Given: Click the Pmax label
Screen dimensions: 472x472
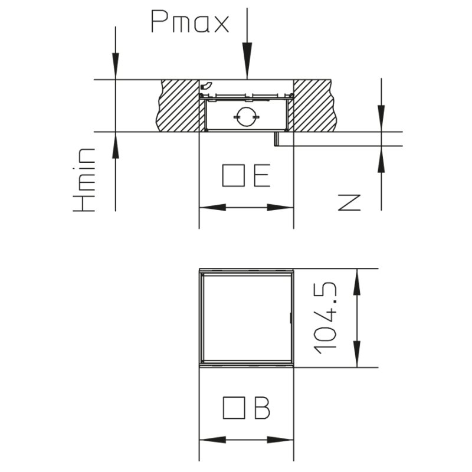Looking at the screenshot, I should pyautogui.click(x=189, y=22).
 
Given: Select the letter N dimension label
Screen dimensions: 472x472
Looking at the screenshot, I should pyautogui.click(x=349, y=202).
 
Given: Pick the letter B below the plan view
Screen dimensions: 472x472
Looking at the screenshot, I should pyautogui.click(x=262, y=408).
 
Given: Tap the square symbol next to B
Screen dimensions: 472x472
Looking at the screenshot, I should pyautogui.click(x=234, y=408).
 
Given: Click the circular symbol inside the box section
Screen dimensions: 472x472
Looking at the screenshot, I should pyautogui.click(x=246, y=116).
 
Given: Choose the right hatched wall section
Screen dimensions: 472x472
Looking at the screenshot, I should pyautogui.click(x=314, y=105).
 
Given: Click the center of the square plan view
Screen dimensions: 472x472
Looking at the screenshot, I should pyautogui.click(x=246, y=317).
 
